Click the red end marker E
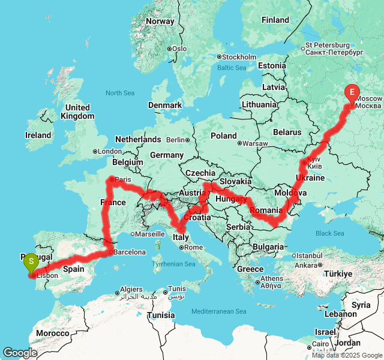(x=352, y=92)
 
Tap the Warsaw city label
(x=254, y=143)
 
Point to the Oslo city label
(x=179, y=49)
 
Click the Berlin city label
(x=176, y=140)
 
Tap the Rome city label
(x=193, y=247)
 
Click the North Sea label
(x=120, y=93)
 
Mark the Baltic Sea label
(x=232, y=68)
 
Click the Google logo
(x=20, y=353)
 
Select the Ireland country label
(x=38, y=135)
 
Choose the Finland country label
(x=275, y=20)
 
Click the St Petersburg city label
(x=327, y=45)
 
